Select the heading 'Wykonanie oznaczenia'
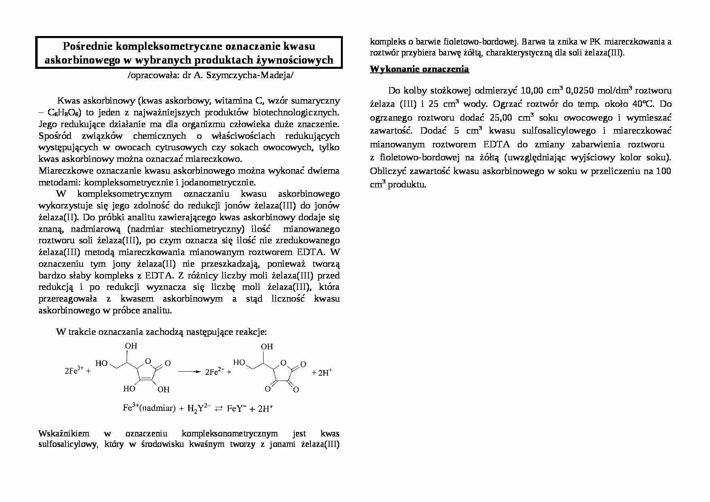coord(419,69)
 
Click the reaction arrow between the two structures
coord(189,371)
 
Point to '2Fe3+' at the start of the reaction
coord(74,370)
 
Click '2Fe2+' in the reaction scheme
coord(215,372)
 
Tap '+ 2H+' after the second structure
coord(322,372)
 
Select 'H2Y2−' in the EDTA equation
coord(199,408)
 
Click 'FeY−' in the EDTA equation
coord(236,408)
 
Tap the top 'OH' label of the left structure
coord(131,346)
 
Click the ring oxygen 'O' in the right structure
coord(283,362)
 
